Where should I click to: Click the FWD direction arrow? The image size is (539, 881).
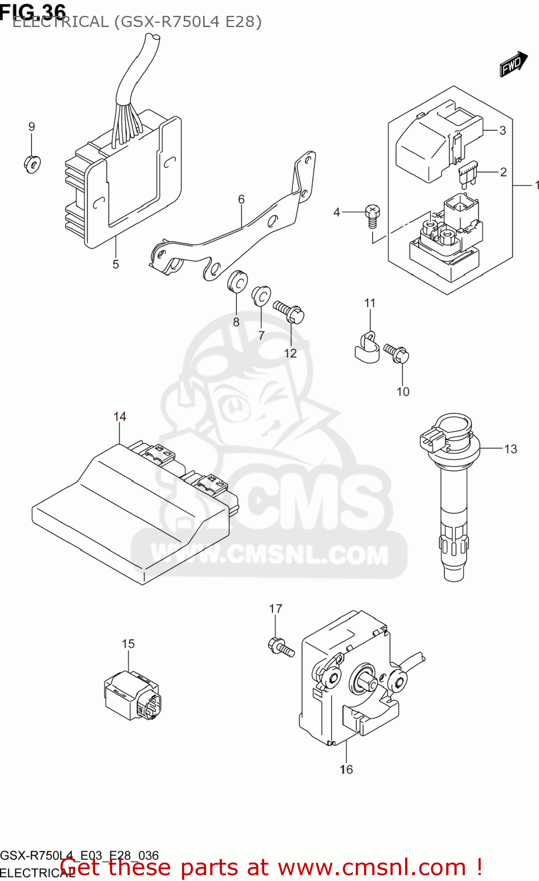point(513,64)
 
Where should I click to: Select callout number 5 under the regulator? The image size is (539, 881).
point(116,264)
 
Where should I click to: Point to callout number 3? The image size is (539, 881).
point(502,130)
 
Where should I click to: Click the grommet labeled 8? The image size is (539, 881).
point(237,281)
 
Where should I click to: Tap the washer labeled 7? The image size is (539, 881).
point(261,296)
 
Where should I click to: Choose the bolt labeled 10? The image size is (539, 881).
point(397,353)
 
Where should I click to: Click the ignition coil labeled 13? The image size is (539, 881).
point(453,499)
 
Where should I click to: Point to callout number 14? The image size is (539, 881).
point(120,416)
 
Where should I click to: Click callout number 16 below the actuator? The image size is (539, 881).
point(346,769)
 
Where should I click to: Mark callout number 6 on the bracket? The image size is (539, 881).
point(241,200)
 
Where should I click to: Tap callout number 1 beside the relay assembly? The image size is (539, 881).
point(536,185)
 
